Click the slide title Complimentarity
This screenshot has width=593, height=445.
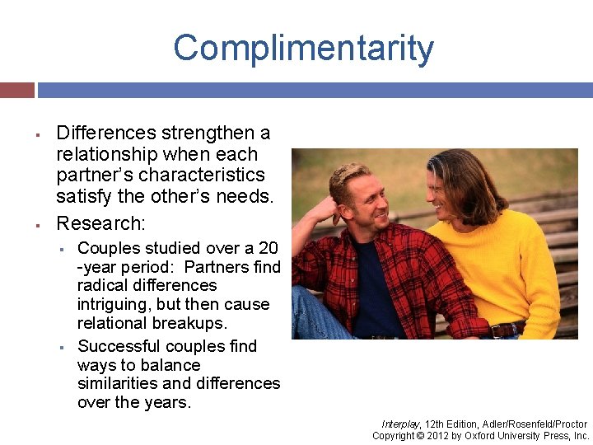pos(303,49)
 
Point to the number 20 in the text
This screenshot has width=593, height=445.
pos(267,248)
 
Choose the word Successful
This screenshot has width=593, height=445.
pos(119,346)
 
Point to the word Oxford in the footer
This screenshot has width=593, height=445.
pos(480,436)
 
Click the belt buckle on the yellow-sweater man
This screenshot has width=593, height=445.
pos(497,330)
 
